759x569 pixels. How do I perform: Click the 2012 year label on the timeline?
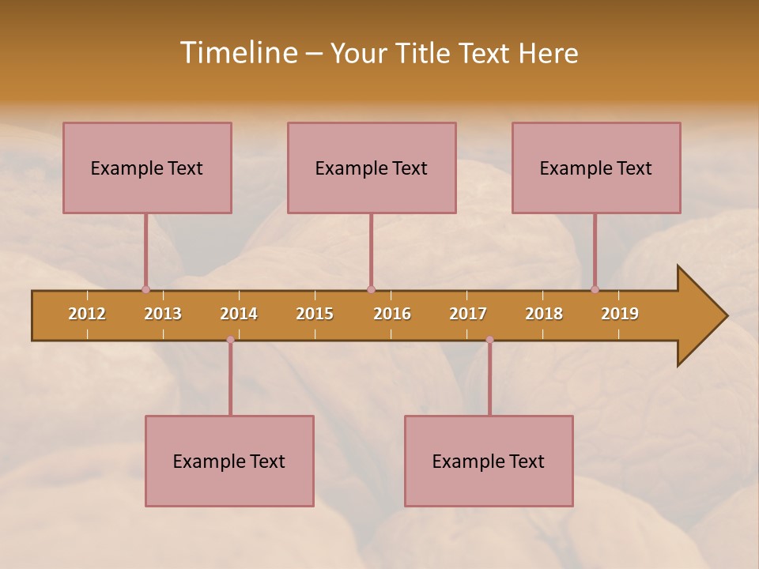tap(87, 314)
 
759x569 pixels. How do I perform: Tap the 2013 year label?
tap(163, 314)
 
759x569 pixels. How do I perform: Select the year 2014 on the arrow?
tap(239, 314)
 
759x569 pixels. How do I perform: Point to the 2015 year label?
tap(315, 314)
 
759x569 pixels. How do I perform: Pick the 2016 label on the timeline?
tap(392, 314)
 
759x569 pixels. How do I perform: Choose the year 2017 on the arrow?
tap(468, 314)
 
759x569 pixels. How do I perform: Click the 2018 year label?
tap(544, 314)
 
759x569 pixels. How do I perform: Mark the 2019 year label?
tap(620, 314)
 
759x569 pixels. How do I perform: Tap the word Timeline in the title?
tap(238, 53)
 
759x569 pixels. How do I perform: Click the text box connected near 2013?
tap(147, 168)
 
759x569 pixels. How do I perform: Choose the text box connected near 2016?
tap(372, 168)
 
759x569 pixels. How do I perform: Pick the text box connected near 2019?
tap(596, 168)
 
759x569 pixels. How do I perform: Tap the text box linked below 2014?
tap(229, 461)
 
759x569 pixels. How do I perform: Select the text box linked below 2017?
tap(489, 461)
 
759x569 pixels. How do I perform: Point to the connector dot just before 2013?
tap(145, 289)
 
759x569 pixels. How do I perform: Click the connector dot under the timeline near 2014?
tap(230, 340)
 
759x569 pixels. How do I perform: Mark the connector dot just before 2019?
tap(595, 289)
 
